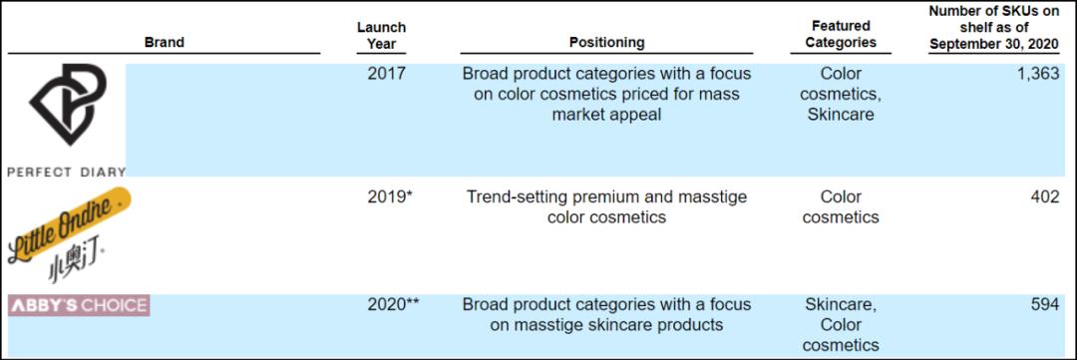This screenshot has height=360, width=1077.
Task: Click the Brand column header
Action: coord(165,43)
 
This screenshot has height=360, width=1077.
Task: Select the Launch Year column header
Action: coord(381,35)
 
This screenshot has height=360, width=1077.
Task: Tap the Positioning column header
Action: coord(606,43)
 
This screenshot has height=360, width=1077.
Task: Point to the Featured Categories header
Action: coord(841,34)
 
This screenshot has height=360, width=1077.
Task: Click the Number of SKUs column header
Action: coord(994,28)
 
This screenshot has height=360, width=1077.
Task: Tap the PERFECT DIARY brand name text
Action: coord(67,172)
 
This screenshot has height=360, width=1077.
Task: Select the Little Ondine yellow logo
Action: coord(69,225)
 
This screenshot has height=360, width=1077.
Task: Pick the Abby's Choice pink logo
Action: coord(79,306)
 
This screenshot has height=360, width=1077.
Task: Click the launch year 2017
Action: coord(387,74)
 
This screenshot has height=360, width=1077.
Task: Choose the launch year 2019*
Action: coord(390,197)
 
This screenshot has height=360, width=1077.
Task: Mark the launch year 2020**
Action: coord(393,304)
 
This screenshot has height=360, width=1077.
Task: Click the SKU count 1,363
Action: coord(1038,74)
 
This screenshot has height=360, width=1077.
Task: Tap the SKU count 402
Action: coord(1045,197)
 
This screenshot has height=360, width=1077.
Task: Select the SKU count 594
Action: coord(1045,304)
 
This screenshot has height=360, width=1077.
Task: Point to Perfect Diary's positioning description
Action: coord(606,94)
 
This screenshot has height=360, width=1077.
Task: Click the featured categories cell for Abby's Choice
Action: coord(841,324)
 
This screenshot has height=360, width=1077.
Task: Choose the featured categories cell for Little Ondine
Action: coord(841,207)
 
